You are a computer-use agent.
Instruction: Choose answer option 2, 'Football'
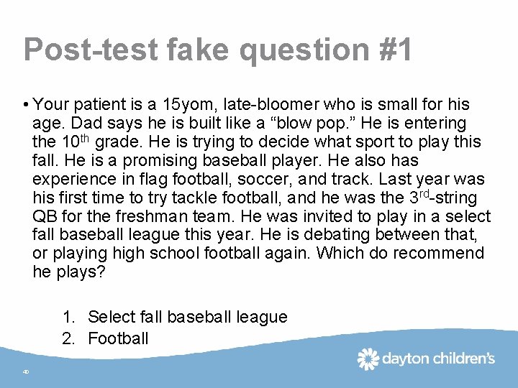tap(118, 338)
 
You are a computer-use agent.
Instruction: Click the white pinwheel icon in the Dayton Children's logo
tap(368, 359)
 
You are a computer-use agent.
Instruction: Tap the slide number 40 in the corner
tap(25, 372)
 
